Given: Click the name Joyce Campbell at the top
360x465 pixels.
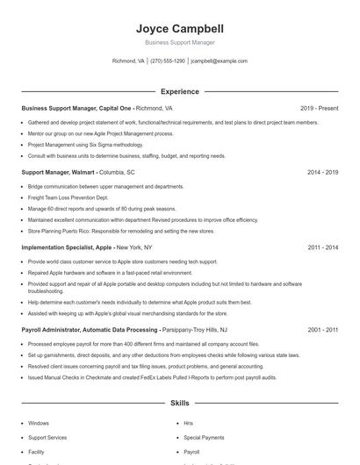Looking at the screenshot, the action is [x=179, y=28].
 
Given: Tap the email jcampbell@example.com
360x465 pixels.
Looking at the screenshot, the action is [x=220, y=61].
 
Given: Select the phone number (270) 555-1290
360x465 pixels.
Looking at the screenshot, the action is [x=168, y=61].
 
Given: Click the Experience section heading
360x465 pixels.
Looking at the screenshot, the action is [x=179, y=91].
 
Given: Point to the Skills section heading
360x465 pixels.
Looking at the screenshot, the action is [x=179, y=404].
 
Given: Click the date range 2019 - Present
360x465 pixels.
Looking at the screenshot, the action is [x=319, y=109].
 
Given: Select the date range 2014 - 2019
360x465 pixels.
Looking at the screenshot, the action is [x=322, y=173].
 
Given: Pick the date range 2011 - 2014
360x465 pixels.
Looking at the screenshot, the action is [x=322, y=248].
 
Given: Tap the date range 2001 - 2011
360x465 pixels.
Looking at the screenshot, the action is [x=322, y=330].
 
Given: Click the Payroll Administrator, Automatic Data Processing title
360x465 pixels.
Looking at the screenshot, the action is [x=90, y=330].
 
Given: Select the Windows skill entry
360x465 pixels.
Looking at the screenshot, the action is [x=39, y=423].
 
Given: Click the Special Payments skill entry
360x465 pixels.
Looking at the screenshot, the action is [x=204, y=437].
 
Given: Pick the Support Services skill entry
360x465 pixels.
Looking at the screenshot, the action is [x=47, y=437].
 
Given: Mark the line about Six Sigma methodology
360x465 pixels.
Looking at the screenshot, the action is [x=85, y=145].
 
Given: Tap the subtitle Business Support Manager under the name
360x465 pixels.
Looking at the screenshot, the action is [x=179, y=42].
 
